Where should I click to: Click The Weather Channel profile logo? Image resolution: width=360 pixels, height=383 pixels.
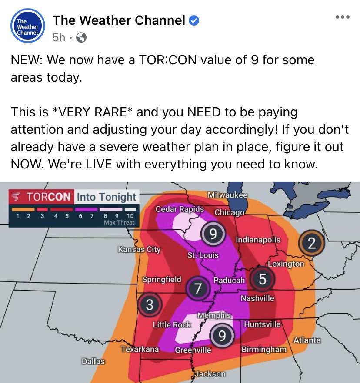pos(28,26)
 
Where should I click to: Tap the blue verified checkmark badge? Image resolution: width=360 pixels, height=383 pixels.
pos(194,20)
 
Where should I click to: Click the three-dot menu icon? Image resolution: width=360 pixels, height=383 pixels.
pos(342,17)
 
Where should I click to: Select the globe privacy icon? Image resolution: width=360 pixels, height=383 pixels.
pos(81,38)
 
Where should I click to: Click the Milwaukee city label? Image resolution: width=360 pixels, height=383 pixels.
pos(227,195)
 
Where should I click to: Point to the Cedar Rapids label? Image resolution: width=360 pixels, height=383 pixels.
pos(180,209)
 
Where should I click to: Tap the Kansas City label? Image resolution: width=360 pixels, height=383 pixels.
pos(139,249)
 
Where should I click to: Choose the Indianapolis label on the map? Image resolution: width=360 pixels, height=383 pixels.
pos(258,240)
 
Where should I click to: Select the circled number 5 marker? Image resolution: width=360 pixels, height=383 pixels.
pos(262,279)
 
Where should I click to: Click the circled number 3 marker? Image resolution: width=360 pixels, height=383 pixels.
pos(149,305)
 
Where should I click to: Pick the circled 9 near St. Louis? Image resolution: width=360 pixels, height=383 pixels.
pos(213,234)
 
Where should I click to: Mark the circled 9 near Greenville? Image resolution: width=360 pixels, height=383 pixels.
pos(221,336)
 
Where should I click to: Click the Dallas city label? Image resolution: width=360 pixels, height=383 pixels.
pos(93,361)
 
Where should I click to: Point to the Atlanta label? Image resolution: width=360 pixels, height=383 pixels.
pos(307,340)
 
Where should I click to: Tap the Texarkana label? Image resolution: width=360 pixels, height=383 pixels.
pos(140,349)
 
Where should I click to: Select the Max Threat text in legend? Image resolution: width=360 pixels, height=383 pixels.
pos(119,223)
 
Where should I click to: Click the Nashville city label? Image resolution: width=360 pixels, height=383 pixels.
pos(257,298)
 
